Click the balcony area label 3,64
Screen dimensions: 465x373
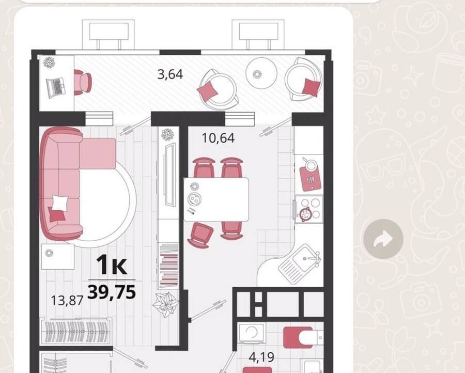coord(170,74)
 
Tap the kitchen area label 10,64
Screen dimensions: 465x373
coord(218,138)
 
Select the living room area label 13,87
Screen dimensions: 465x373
coord(67,300)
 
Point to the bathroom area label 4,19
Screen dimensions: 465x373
coord(261,358)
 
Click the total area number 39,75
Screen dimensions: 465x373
coord(112,292)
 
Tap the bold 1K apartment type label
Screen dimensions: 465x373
coord(112,265)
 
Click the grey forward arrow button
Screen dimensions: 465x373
coord(383,239)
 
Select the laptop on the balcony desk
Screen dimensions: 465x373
coord(55,88)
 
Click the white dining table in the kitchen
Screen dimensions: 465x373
coord(216,199)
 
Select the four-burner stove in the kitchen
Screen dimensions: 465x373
coord(309,209)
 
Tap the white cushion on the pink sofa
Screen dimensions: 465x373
coord(60,203)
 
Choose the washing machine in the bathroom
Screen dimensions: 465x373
coord(252,333)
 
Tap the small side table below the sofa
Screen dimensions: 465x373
coord(57,256)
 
